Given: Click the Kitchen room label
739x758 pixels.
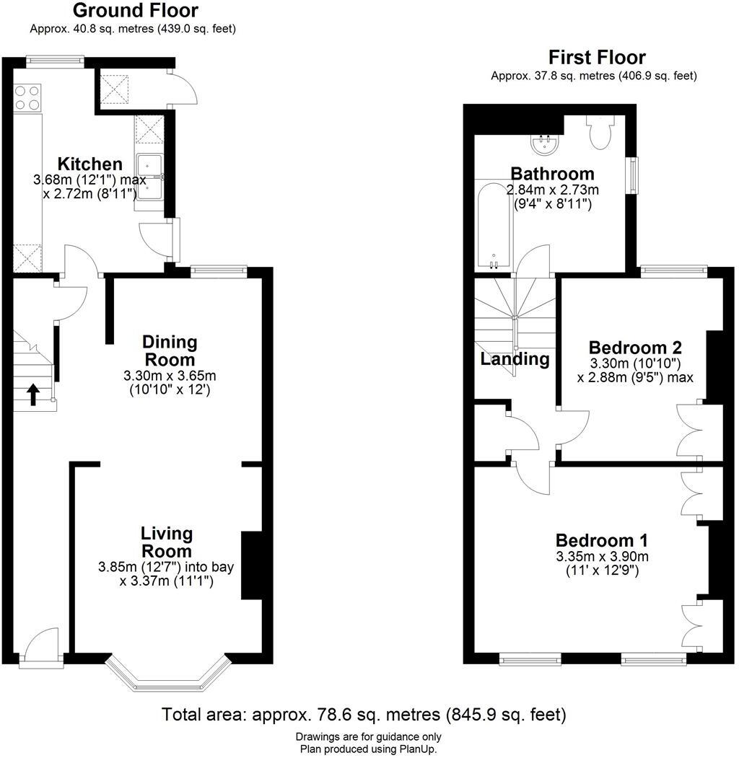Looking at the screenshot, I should (90, 164).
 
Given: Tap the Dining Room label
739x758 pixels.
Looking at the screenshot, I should (170, 350).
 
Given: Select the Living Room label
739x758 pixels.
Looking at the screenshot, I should (167, 542).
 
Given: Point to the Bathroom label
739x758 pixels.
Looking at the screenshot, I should (552, 174).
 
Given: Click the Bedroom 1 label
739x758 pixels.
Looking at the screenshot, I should (601, 540).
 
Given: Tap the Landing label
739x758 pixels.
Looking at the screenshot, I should (515, 358).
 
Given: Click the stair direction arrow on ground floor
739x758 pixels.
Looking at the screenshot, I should (33, 394).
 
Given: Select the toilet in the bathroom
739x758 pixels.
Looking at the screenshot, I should (599, 133).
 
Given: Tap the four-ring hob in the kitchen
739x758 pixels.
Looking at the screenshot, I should (27, 97).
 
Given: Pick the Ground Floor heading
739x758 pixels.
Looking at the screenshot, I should (136, 11).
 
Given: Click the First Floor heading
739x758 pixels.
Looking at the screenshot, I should (597, 58).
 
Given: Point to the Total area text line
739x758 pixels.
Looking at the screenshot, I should (364, 715).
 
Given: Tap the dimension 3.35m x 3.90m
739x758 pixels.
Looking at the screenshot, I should (602, 557).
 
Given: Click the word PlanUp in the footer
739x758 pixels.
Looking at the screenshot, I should (417, 749).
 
